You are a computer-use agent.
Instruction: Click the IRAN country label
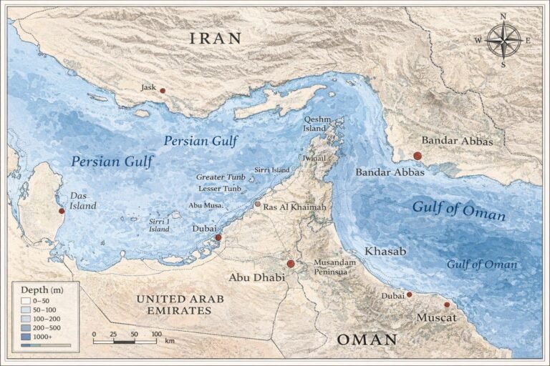click(x=216, y=39)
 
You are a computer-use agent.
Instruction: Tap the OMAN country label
click(x=367, y=339)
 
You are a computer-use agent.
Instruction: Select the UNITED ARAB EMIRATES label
click(x=174, y=305)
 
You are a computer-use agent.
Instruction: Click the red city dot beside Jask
click(x=163, y=91)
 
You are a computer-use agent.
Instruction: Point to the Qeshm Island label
click(x=316, y=124)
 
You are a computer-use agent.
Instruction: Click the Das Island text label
click(x=83, y=201)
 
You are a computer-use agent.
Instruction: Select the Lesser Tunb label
click(x=220, y=188)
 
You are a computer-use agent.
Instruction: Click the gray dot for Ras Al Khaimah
click(x=258, y=204)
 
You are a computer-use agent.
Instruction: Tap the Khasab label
click(x=385, y=252)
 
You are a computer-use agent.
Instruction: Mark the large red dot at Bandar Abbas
click(x=418, y=155)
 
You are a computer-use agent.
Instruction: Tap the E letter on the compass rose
click(x=528, y=40)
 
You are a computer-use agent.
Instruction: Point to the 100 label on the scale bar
click(x=155, y=334)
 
